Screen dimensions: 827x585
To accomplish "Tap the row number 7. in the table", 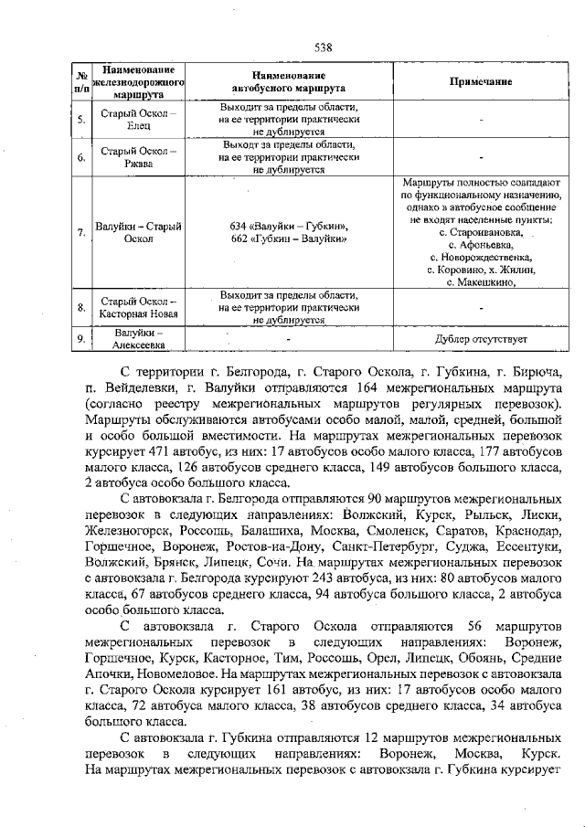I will pos(81,233).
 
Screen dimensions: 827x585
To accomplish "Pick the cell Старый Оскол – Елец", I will pos(139,119).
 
